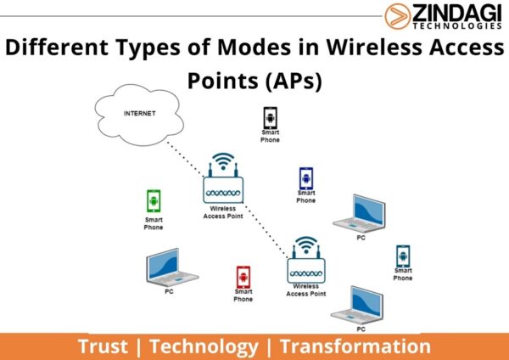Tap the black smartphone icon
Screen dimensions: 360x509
270,116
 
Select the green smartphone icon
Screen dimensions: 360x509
154,201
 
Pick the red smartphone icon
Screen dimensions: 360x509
243,278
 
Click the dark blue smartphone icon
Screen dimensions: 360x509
305,179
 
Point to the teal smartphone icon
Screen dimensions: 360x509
402,256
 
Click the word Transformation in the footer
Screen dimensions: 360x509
355,346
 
